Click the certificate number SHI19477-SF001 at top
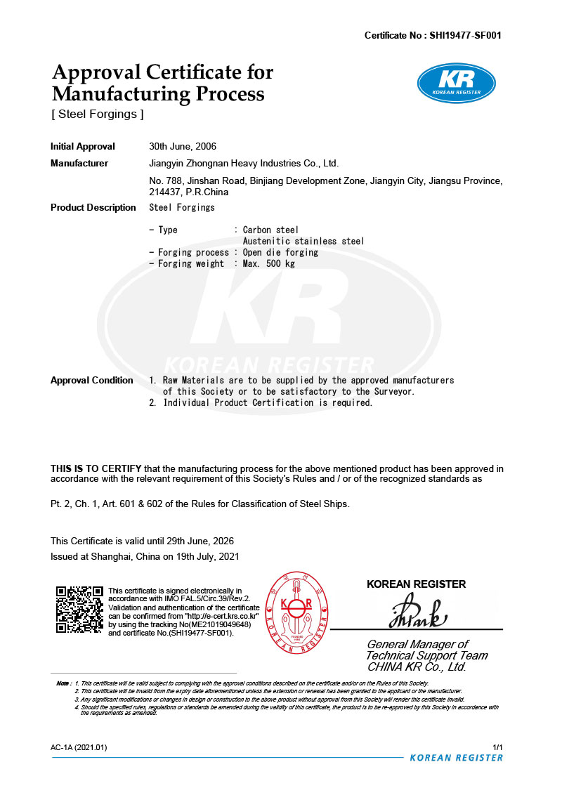click(464, 35)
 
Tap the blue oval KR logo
click(457, 83)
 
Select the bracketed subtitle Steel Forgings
click(97, 114)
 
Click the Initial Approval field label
click(83, 147)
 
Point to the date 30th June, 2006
click(183, 147)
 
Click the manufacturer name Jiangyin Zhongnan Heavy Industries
click(244, 164)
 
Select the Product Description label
click(93, 207)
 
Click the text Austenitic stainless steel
click(303, 241)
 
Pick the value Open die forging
click(280, 252)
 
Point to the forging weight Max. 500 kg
click(269, 263)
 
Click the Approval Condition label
click(92, 380)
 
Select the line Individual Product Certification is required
click(268, 402)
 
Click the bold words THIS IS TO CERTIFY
click(96, 468)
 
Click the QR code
click(79, 609)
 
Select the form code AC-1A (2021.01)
click(79, 747)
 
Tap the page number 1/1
click(498, 747)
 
